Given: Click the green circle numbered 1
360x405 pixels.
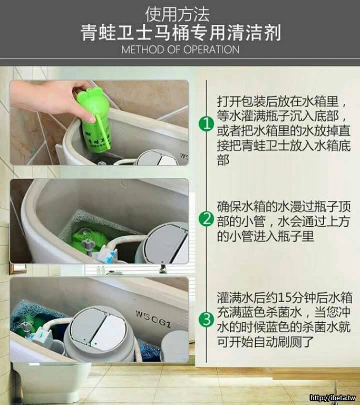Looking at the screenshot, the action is pyautogui.click(x=206, y=124).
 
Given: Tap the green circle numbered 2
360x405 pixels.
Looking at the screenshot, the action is pyautogui.click(x=206, y=219).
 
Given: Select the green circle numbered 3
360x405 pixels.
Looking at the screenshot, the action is pyautogui.click(x=206, y=320).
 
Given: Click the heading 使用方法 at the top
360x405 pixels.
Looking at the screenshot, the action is pyautogui.click(x=177, y=14).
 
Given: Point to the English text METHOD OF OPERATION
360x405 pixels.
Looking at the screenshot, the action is pyautogui.click(x=180, y=50).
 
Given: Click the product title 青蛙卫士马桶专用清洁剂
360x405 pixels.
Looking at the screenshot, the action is pyautogui.click(x=180, y=33).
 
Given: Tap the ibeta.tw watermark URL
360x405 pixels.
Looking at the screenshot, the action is pyautogui.click(x=333, y=398).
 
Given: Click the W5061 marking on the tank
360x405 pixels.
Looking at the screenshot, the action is pyautogui.click(x=153, y=319).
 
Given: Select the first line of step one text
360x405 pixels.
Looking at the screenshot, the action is pyautogui.click(x=281, y=101).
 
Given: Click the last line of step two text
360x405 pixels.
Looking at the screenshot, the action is pyautogui.click(x=266, y=236).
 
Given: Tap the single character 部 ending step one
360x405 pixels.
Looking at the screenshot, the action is pyautogui.click(x=223, y=160).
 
